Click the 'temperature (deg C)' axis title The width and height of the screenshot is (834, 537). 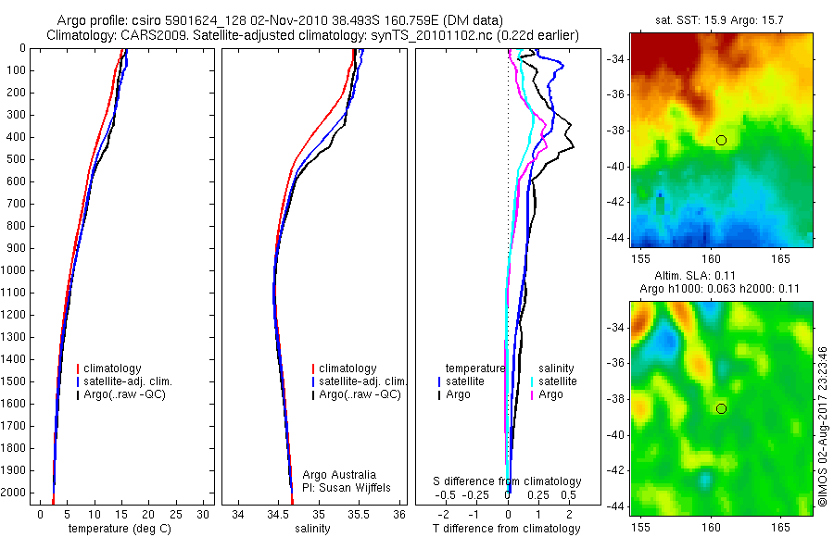coord(118,529)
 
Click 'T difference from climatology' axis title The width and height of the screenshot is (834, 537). coord(507,529)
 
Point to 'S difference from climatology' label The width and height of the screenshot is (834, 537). coord(507,481)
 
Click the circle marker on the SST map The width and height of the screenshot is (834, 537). coord(721,140)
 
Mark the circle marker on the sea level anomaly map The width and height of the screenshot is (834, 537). coord(721,408)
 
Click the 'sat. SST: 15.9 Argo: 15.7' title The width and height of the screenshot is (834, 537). coord(721,19)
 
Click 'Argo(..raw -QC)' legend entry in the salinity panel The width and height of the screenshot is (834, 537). coord(360,394)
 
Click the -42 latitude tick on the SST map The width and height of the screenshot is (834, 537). coord(616,203)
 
